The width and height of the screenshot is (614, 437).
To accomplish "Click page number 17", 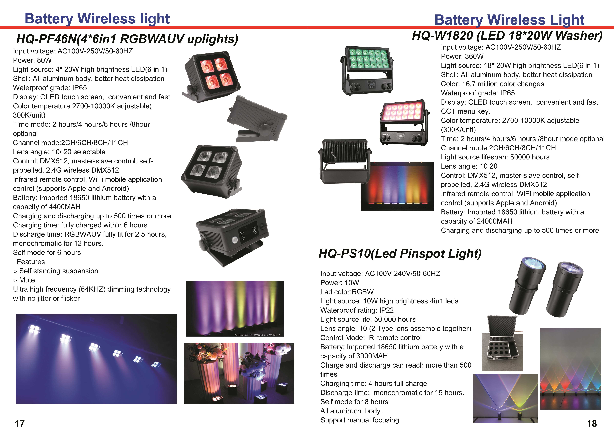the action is click(20, 424).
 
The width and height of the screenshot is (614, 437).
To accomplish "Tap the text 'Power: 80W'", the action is click(32, 60).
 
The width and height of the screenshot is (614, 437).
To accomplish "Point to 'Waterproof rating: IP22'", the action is click(357, 310).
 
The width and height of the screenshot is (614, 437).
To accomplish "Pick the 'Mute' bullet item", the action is click(24, 280).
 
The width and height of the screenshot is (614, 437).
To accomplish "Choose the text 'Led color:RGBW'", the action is click(347, 292).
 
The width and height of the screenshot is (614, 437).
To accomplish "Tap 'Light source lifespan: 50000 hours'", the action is click(495, 157).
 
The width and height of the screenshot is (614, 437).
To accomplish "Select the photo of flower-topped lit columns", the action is click(239, 373).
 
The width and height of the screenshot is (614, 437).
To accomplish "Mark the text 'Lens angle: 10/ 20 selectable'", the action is click(59, 152).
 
